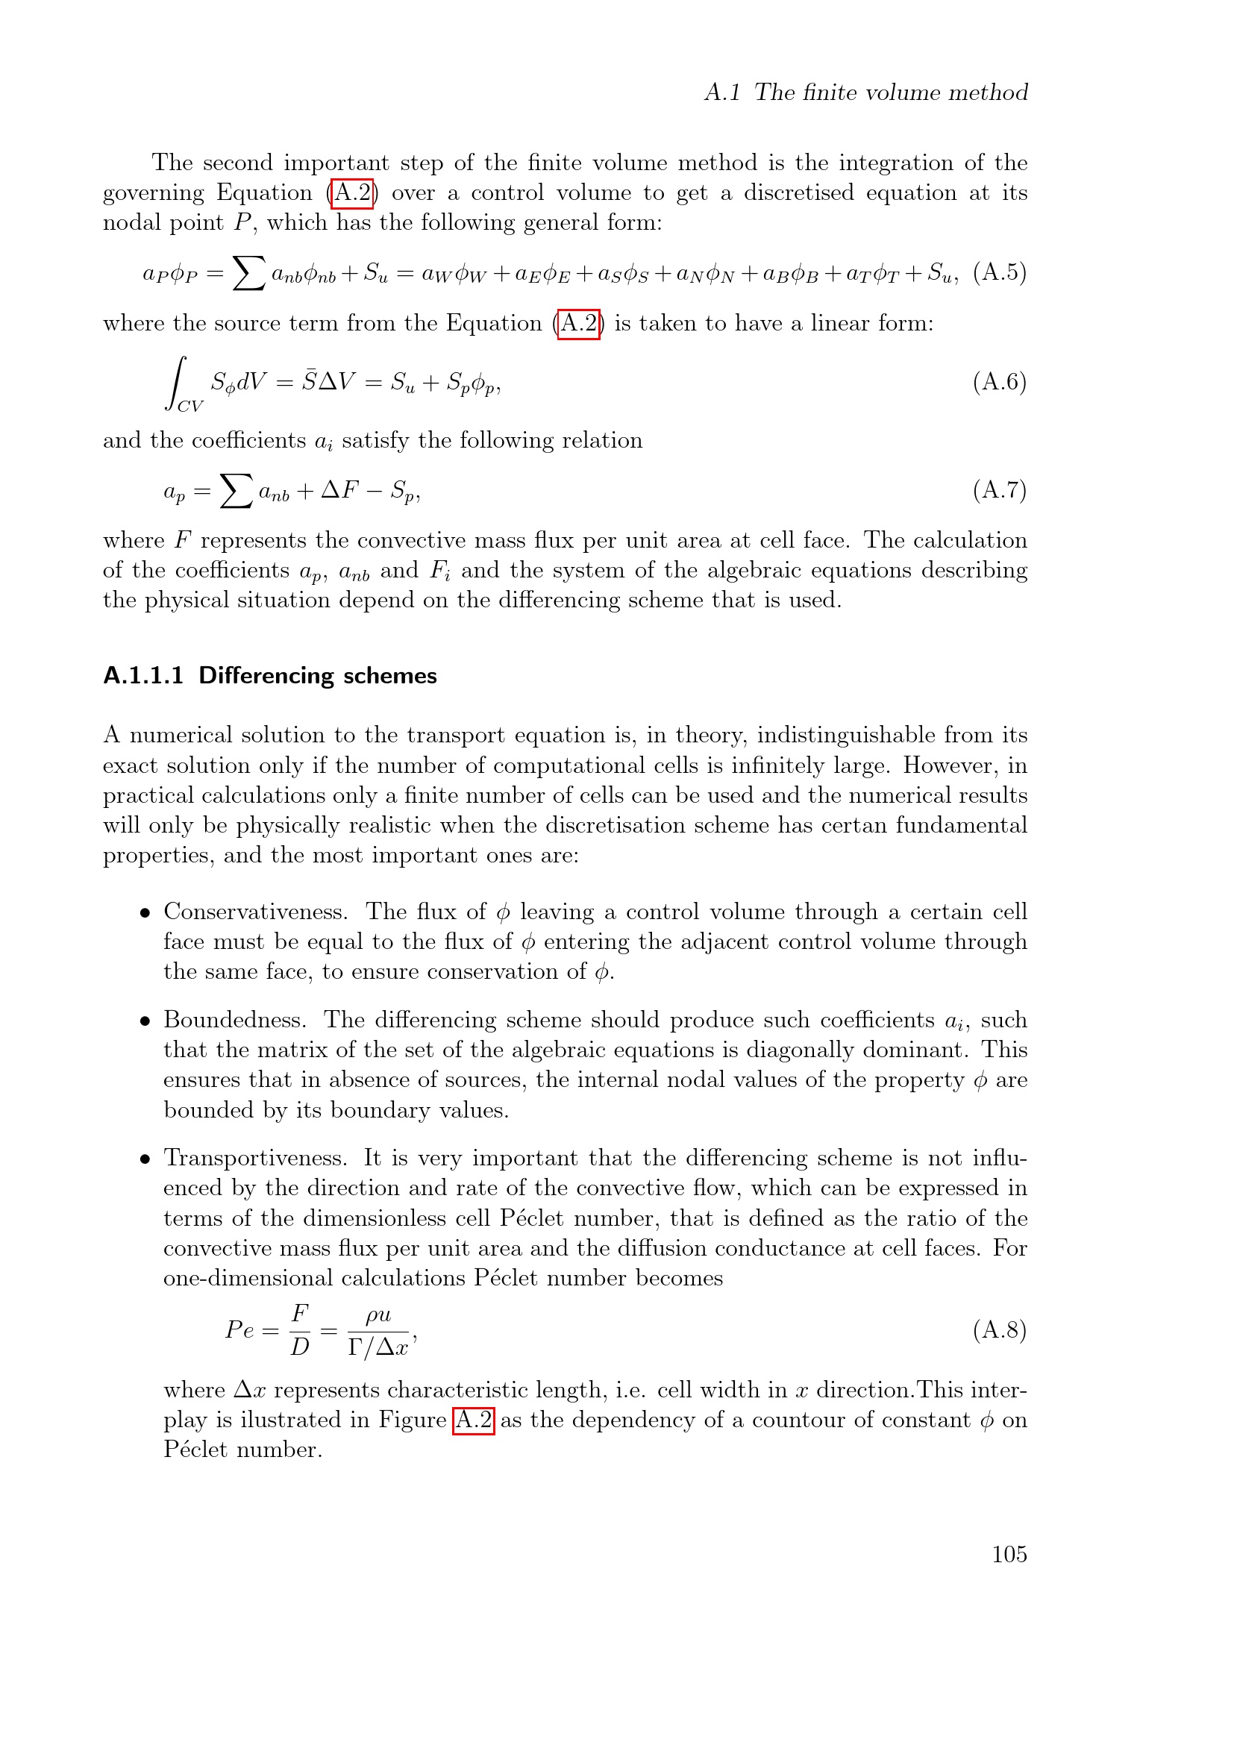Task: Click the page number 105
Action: click(1009, 1553)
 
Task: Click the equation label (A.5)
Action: click(999, 272)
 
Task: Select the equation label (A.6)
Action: click(999, 381)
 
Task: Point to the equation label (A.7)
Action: click(999, 490)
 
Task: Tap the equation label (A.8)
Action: click(999, 1329)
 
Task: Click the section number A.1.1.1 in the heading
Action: click(142, 676)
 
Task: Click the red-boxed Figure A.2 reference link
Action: click(472, 1420)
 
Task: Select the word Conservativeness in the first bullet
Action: click(255, 911)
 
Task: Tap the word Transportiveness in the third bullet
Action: click(255, 1158)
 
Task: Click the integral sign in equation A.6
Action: click(177, 382)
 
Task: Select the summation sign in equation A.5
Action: click(248, 272)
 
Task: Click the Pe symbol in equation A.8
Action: click(239, 1329)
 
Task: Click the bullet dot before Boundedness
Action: click(145, 1021)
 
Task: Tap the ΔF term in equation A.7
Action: click(339, 490)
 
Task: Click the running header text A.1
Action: click(722, 93)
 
